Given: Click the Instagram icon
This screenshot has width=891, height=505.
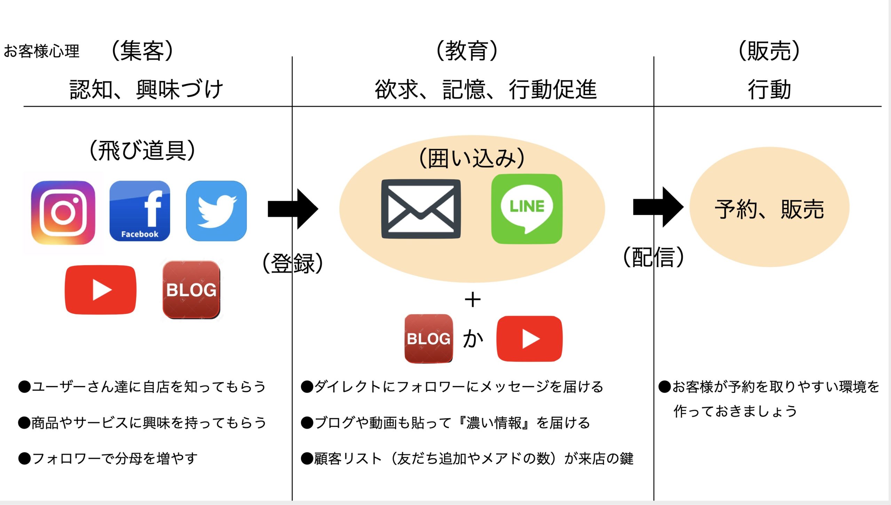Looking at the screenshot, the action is [x=63, y=212].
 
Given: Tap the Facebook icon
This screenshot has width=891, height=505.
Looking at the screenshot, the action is [x=140, y=211].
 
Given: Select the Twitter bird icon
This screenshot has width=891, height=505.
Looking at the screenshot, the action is [x=216, y=211].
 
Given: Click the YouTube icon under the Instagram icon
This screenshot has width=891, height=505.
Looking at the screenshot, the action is [x=101, y=290].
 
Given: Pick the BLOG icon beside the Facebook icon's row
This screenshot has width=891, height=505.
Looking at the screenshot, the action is [x=191, y=290].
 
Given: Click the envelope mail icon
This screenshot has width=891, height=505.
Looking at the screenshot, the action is [x=421, y=209].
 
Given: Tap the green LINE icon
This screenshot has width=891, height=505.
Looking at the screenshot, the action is [x=527, y=209].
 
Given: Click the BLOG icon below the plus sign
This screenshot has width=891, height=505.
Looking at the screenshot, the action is [x=428, y=338].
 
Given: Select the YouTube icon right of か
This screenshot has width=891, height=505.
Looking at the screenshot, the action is [x=529, y=339].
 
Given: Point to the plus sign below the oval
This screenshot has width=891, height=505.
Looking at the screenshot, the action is [x=473, y=300].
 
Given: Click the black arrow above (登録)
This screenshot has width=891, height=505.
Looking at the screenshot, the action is [x=293, y=209].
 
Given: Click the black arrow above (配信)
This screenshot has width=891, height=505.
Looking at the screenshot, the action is [x=658, y=207].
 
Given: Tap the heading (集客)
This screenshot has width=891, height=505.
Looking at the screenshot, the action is [x=142, y=51].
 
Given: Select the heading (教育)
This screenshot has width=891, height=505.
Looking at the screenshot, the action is [x=467, y=51].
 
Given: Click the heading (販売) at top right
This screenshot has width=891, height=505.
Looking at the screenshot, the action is [x=769, y=51].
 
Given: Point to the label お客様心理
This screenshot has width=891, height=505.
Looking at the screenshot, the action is [x=41, y=51].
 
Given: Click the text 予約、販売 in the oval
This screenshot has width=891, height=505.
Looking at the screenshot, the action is [x=769, y=209].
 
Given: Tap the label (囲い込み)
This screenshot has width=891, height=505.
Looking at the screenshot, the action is [x=472, y=158].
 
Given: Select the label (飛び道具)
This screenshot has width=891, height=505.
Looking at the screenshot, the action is [x=142, y=150].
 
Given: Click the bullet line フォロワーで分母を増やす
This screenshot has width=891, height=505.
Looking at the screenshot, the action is [x=108, y=458].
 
